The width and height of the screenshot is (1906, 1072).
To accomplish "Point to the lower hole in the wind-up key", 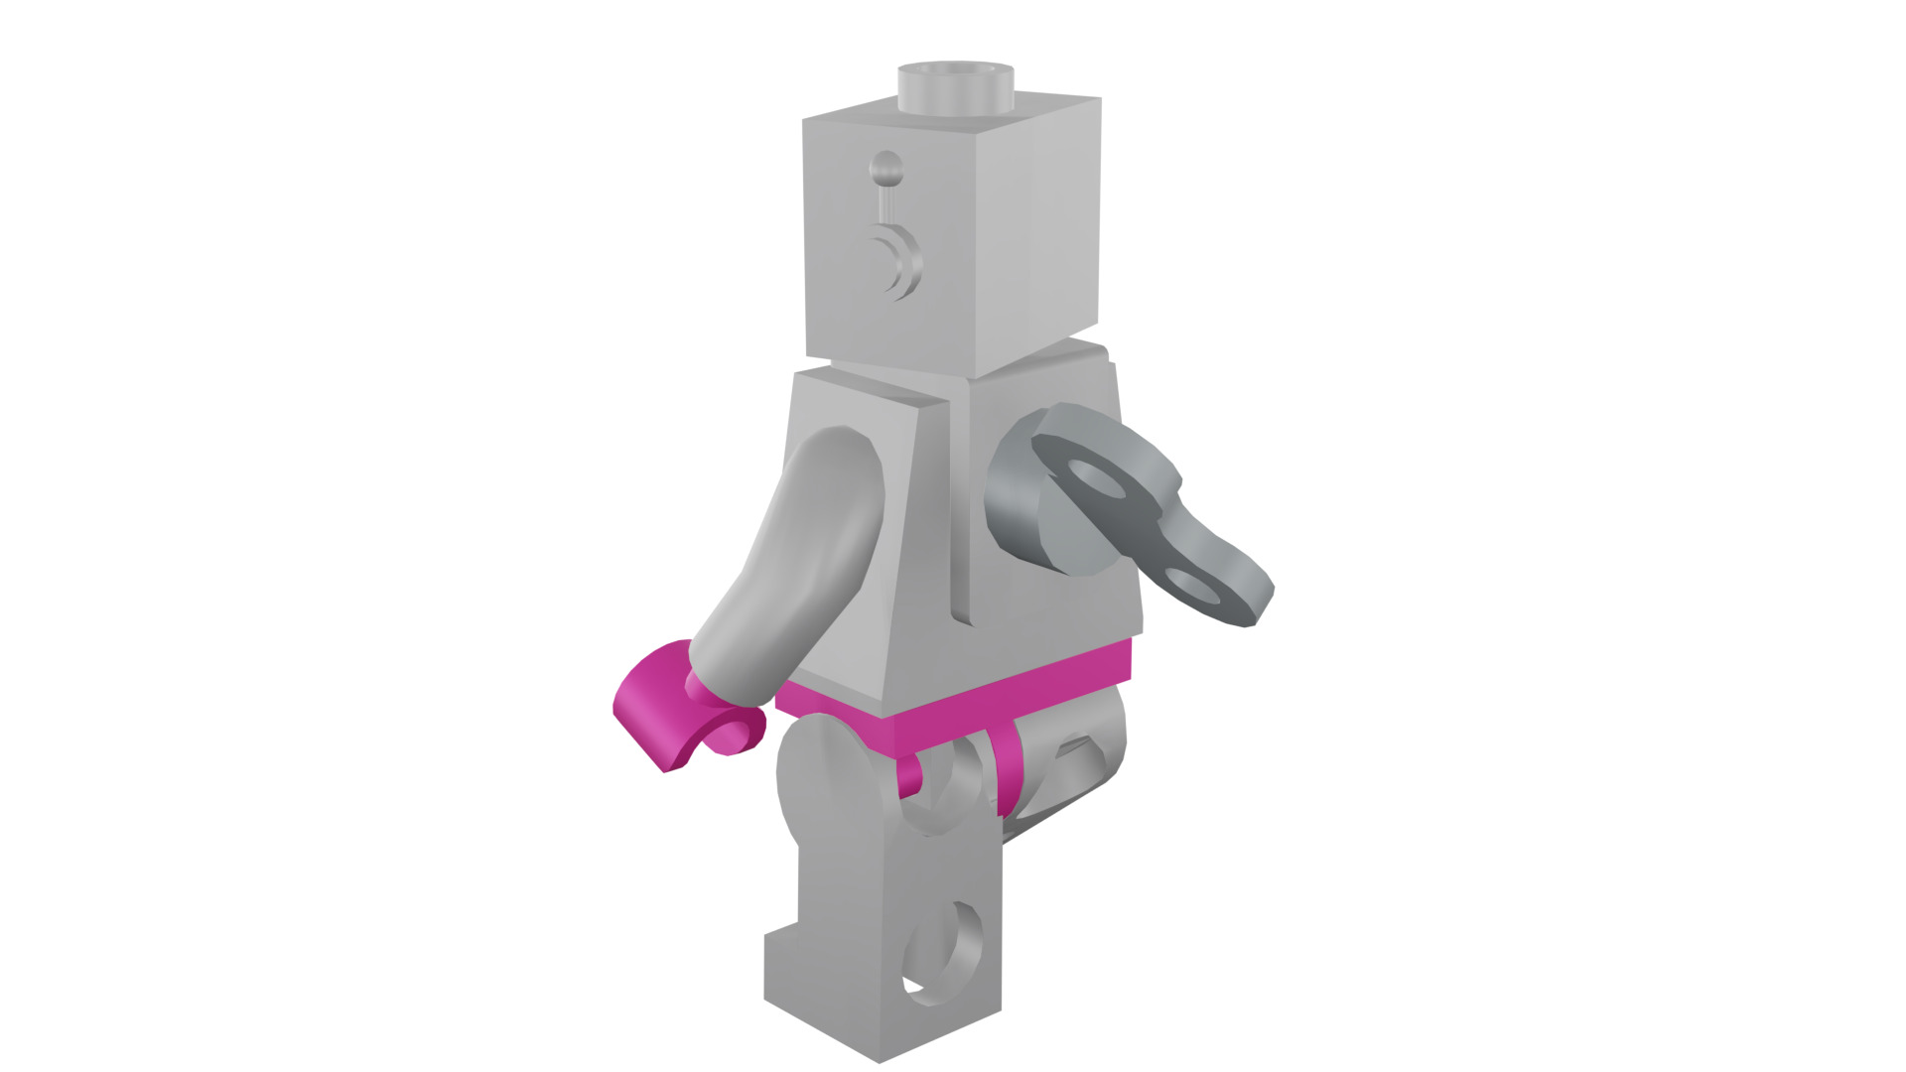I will [x=1199, y=586].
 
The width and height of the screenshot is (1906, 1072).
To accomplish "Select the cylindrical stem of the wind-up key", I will [x=1013, y=506].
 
